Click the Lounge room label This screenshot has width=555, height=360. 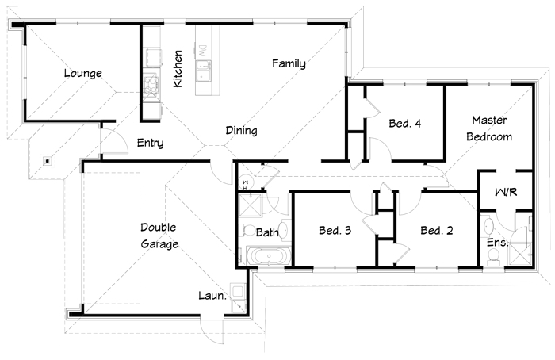pos(82,73)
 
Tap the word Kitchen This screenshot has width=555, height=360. pos(178,69)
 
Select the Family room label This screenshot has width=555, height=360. pos(289,63)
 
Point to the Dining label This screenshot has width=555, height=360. pos(241,131)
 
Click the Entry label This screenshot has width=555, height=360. pos(150,143)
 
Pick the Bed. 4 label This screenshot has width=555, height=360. pos(405,123)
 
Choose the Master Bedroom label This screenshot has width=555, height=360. pos(489,128)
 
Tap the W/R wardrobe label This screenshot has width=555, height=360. pos(506,192)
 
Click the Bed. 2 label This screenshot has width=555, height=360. pos(437,231)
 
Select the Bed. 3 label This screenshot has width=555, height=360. pos(335,231)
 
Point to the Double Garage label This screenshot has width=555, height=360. pos(159,236)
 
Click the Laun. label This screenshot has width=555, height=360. pos(212,296)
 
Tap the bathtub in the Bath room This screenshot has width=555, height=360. pos(269,256)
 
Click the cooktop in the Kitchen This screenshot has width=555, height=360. pos(151,85)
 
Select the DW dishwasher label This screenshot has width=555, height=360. pos(202,51)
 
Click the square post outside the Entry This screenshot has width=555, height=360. pos(48,162)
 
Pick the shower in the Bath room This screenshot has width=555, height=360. pos(250,205)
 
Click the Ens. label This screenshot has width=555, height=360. pos(497,243)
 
